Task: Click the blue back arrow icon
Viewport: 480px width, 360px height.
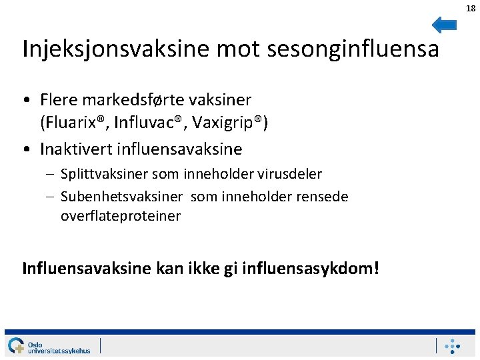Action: [x=444, y=25]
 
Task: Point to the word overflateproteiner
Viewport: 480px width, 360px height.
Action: [x=121, y=216]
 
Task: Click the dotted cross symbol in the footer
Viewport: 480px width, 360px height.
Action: [x=453, y=346]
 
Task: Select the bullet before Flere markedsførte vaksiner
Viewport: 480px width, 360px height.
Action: [x=25, y=101]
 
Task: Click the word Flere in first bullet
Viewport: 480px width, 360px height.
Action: [x=59, y=100]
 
